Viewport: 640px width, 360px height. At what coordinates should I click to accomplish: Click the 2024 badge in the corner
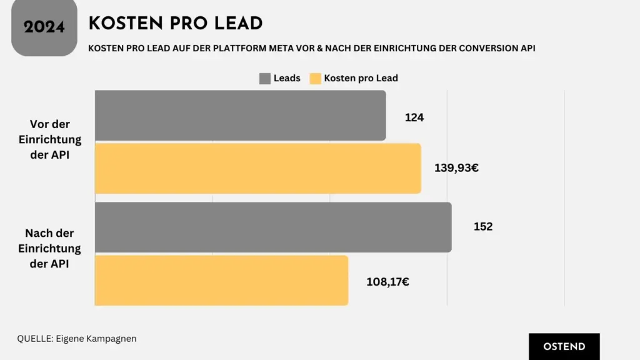[44, 27]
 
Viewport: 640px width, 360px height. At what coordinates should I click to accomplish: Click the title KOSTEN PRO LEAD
[176, 24]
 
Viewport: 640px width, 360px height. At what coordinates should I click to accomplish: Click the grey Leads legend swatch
[264, 78]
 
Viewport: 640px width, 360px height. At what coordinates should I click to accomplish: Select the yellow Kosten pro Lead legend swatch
[315, 78]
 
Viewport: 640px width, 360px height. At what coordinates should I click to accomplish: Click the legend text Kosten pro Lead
[361, 78]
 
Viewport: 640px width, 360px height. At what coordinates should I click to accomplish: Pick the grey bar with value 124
[240, 116]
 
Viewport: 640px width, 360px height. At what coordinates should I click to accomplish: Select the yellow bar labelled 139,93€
[257, 168]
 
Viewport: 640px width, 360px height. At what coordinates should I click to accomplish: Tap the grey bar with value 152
[273, 227]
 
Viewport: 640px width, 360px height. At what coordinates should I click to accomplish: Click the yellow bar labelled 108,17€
[221, 281]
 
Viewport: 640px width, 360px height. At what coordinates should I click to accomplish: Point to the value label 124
[414, 117]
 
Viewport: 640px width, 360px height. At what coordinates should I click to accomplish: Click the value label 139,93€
[456, 167]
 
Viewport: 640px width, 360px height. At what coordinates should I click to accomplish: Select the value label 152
[483, 226]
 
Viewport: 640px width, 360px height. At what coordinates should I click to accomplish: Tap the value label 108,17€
[387, 281]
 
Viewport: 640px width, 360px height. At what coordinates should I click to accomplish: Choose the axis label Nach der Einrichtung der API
[49, 248]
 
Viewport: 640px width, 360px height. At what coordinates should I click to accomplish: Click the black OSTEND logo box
[564, 346]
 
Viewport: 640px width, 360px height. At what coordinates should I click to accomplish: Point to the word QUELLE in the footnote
[35, 339]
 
